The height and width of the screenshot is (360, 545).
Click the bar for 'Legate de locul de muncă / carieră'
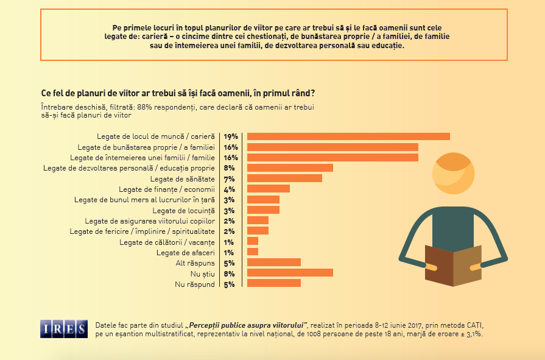tap(348, 136)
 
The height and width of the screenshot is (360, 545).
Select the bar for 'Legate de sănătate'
tap(284, 178)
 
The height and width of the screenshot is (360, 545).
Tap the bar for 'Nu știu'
tap(289, 273)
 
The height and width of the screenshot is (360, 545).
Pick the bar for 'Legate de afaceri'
tap(252, 252)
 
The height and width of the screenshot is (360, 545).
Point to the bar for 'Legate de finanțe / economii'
tap(268, 189)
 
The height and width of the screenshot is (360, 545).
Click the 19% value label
tap(230, 136)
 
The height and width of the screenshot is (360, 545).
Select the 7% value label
tap(230, 178)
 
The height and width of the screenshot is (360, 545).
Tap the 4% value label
tap(230, 189)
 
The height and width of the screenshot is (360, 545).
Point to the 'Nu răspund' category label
tap(195, 284)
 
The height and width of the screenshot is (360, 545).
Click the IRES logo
tap(63, 329)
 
